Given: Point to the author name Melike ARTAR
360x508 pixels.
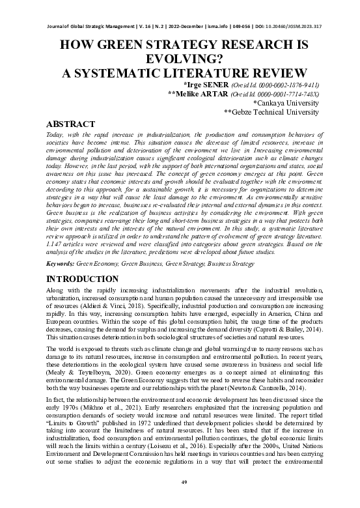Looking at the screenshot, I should tap(198, 94).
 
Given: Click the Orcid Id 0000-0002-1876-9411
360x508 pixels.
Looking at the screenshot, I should tap(283, 85).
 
